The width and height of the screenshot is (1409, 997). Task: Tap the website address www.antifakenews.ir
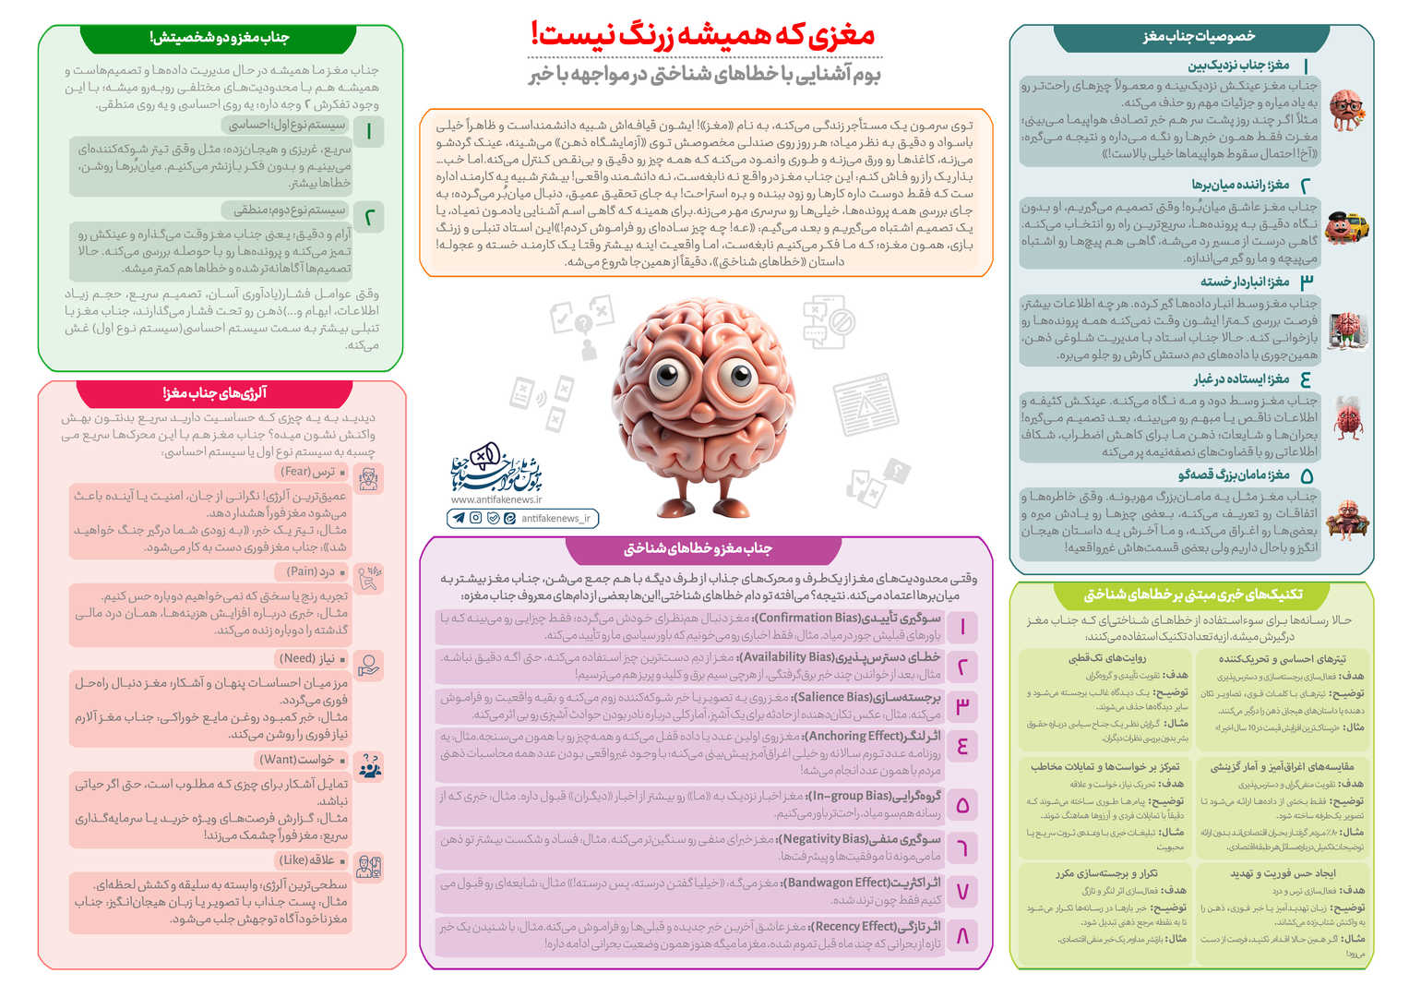(496, 499)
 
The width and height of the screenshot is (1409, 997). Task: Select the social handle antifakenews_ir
(555, 519)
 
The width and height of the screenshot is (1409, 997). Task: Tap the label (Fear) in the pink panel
(296, 472)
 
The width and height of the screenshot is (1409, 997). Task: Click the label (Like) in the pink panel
(295, 859)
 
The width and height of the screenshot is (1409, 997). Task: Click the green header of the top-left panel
(219, 38)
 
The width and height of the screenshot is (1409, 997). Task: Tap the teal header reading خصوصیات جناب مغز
(1199, 37)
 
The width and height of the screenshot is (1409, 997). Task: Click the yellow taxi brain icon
(1346, 225)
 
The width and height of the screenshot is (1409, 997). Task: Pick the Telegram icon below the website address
(459, 519)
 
